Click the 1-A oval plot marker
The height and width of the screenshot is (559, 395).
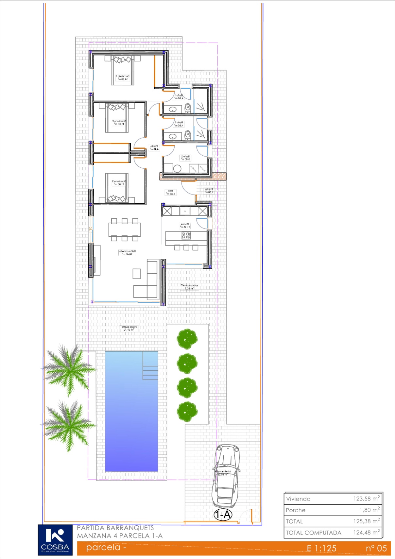coord(223,515)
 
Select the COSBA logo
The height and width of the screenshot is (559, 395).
coord(55,540)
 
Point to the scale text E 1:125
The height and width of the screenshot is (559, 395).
coord(321,548)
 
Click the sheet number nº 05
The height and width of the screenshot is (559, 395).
coord(376,548)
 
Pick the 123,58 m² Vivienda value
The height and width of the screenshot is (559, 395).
coord(366,499)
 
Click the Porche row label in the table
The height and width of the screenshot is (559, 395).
coord(296,510)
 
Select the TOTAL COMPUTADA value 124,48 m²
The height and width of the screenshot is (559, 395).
coord(366,533)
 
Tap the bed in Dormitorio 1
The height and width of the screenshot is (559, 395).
coord(123,70)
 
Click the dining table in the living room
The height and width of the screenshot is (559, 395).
coord(125,229)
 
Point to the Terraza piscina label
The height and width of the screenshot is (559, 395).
coord(129,328)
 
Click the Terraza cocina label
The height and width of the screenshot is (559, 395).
coord(189,287)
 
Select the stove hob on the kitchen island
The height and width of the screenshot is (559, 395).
coord(186,235)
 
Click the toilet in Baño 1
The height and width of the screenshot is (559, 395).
coord(187,108)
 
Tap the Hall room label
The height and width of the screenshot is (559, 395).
coord(171,192)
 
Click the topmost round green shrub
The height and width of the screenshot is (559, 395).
coord(187,339)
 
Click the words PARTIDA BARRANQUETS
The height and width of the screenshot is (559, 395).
coord(115,528)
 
